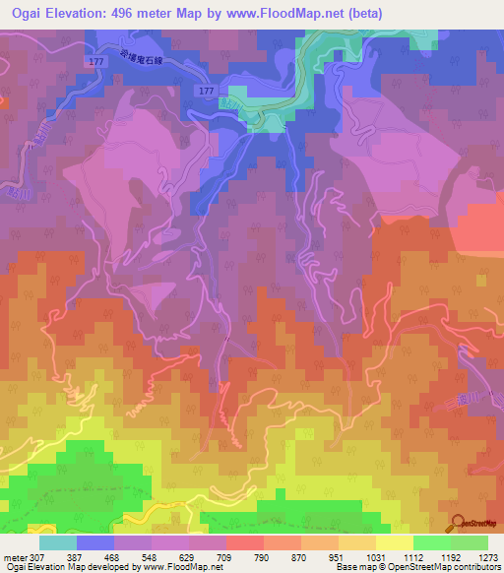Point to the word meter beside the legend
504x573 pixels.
tap(15, 557)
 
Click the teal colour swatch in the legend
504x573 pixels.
tap(57, 542)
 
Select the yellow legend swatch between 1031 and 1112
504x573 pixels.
tap(395, 542)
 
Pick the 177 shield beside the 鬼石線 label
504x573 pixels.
tap(95, 62)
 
